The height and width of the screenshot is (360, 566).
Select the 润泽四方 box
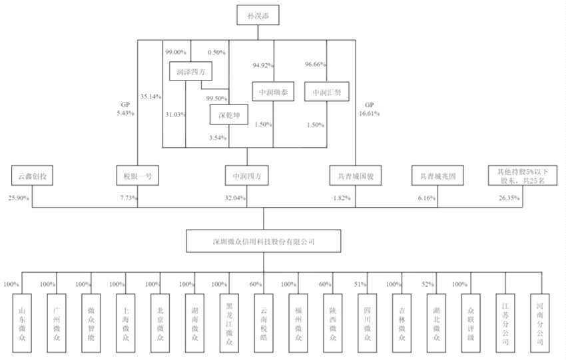191,72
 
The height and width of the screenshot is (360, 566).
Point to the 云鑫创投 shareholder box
32,177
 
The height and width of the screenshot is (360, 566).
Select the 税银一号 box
137,177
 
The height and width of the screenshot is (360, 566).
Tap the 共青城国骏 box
354,177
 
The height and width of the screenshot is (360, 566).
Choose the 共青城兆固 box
437,177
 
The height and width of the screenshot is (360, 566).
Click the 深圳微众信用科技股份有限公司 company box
263,242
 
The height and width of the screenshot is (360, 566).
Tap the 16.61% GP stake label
368,113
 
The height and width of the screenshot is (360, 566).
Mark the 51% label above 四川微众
360,284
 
